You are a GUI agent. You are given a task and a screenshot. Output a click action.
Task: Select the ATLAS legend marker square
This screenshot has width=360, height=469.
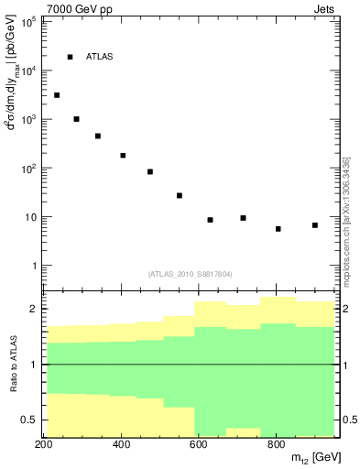pyautogui.click(x=70, y=57)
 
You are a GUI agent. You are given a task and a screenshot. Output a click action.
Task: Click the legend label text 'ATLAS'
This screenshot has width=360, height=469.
pyautogui.click(x=99, y=57)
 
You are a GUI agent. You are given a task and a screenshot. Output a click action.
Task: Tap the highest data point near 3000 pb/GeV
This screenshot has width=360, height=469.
pyautogui.click(x=57, y=95)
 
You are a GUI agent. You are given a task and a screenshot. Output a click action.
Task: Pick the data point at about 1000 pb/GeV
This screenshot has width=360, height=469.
pyautogui.click(x=77, y=119)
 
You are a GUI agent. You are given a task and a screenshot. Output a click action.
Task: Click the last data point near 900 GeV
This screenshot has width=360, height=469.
pyautogui.click(x=315, y=225)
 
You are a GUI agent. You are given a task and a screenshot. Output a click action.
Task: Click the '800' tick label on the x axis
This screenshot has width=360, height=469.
pyautogui.click(x=276, y=445)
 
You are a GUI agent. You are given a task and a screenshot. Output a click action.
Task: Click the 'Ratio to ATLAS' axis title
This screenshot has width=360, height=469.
pyautogui.click(x=11, y=365)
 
